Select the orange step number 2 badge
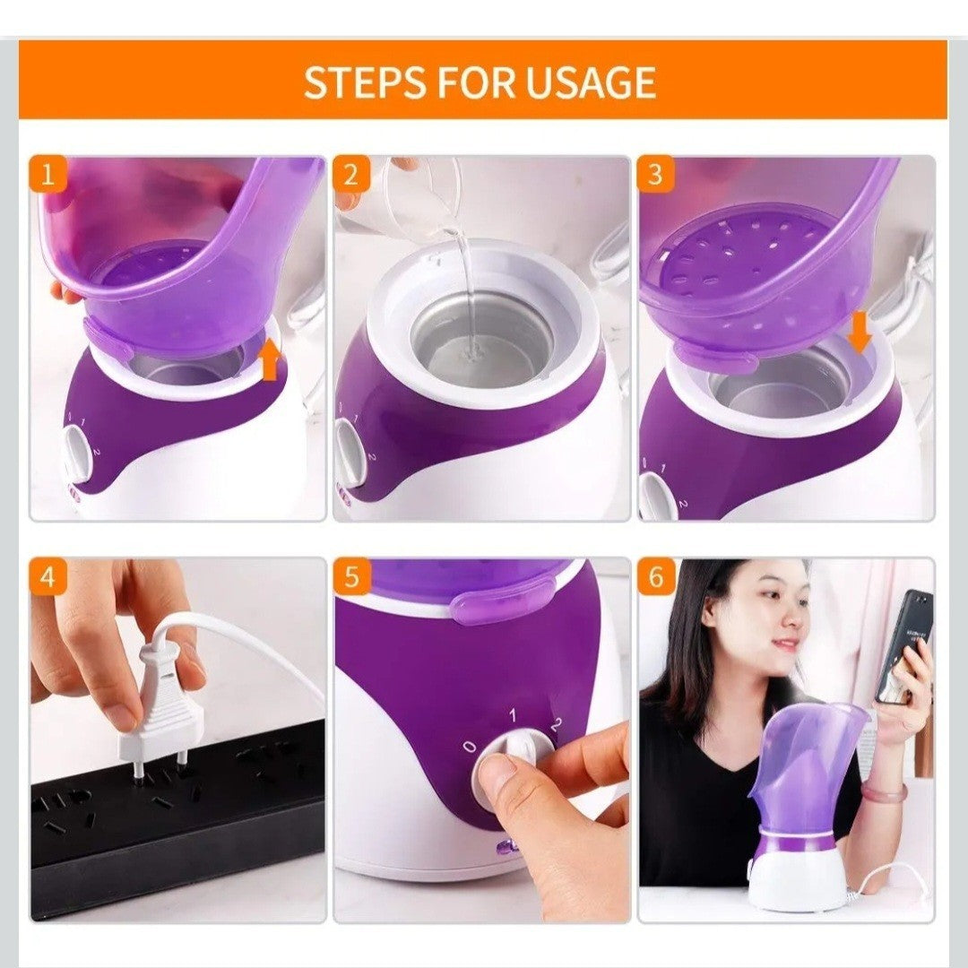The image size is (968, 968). pos(351,175)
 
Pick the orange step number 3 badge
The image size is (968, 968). pos(655,175)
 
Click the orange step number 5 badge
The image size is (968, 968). pos(351,577)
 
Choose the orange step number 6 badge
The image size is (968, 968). pos(655,577)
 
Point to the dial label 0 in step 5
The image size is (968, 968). pos(471,747)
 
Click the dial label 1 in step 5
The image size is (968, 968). pos(513,715)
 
